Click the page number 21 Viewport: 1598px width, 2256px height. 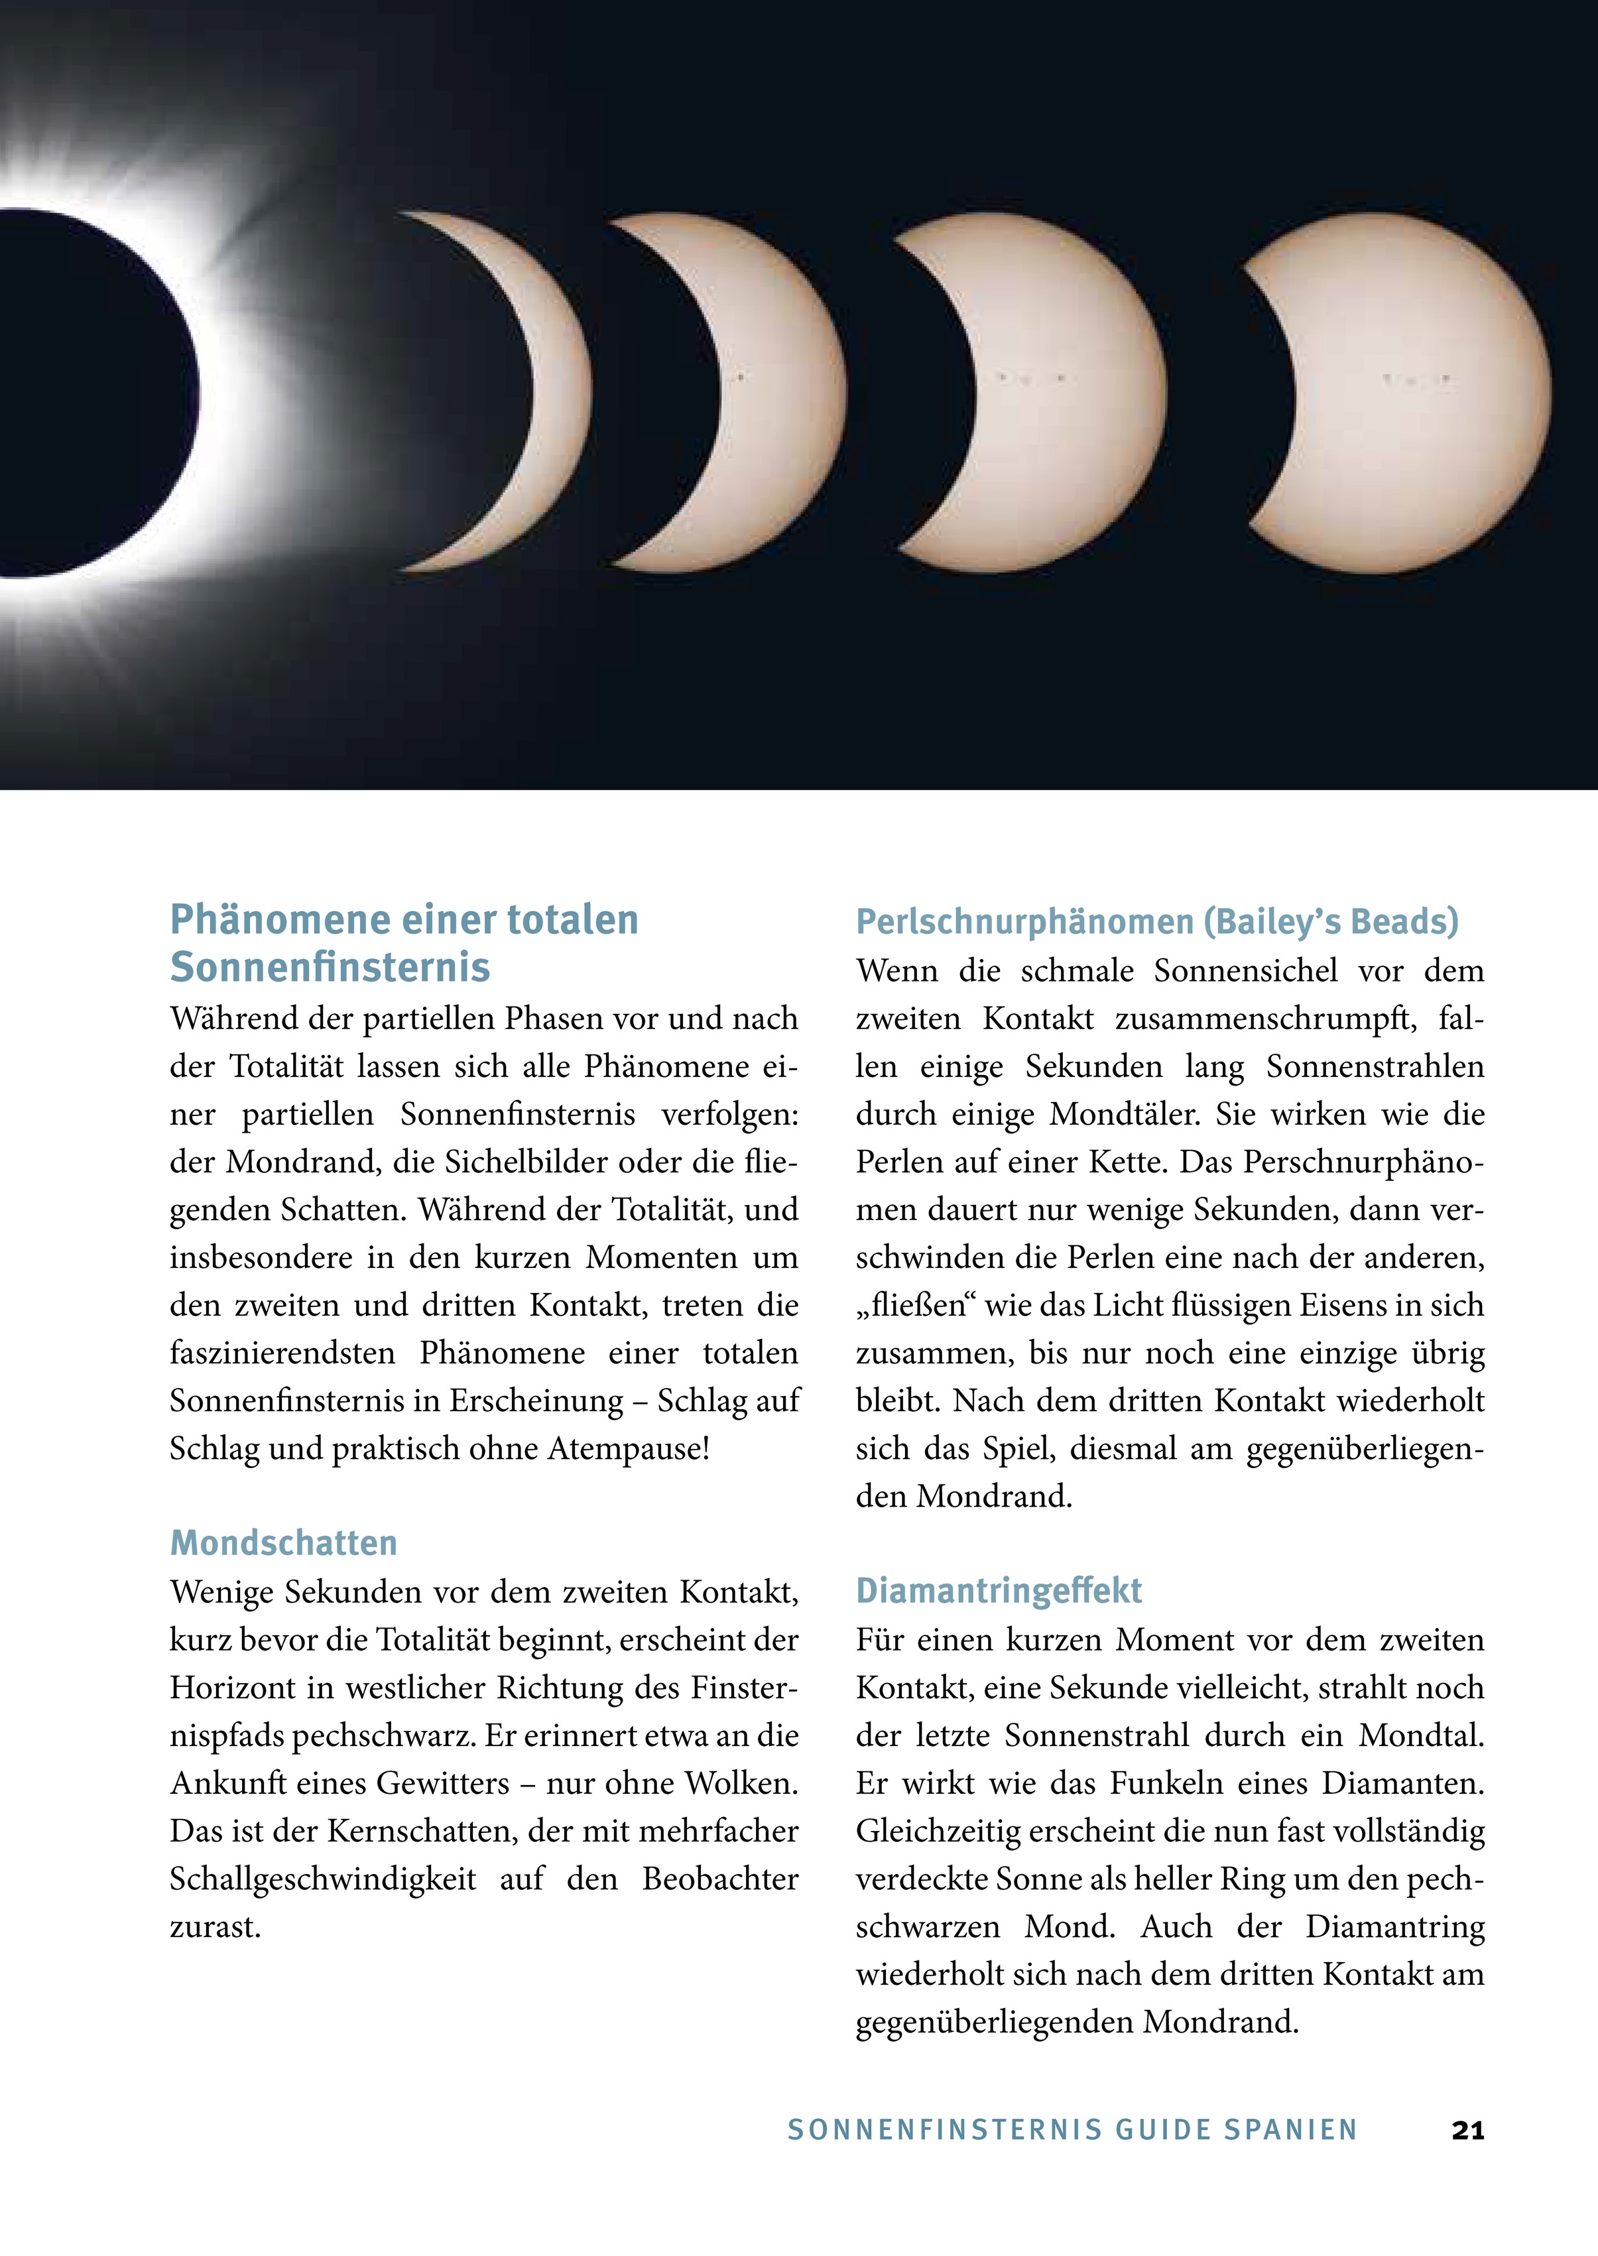(1467, 2130)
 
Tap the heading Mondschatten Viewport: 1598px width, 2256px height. (283, 1542)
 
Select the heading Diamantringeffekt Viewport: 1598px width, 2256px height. (999, 1591)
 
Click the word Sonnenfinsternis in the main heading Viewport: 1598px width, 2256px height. (330, 967)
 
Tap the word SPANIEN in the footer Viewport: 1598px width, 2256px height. (1291, 2130)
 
